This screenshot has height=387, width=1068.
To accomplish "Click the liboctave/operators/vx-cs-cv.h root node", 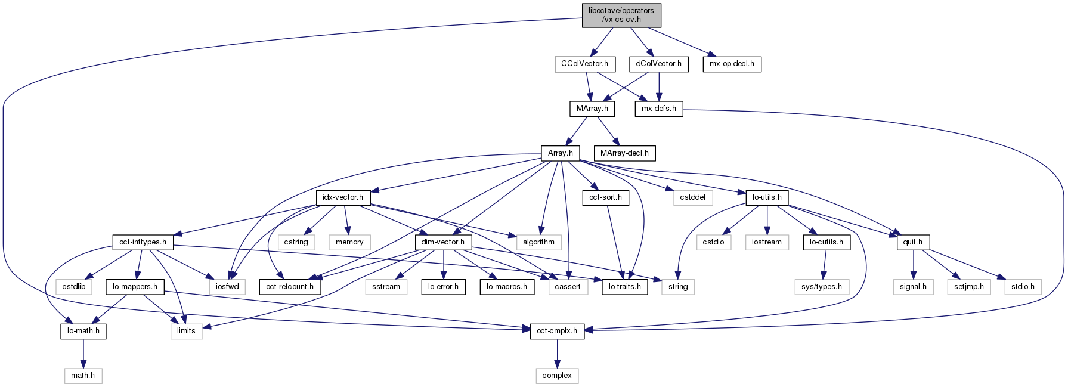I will point(621,15).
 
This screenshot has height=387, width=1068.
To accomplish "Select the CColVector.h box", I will point(584,64).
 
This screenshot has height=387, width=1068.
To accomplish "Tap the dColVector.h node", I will point(658,64).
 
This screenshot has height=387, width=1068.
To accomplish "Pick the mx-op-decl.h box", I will point(732,64).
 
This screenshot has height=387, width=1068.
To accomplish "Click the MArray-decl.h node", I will point(624,153).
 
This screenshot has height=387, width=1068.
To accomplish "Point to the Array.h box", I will point(560,153).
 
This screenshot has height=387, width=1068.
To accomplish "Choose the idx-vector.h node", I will point(343,197).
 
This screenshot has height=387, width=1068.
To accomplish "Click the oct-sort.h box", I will point(605,197).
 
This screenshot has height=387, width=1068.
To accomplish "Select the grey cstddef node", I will point(692,197).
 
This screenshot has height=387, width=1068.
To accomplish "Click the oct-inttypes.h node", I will point(143,242).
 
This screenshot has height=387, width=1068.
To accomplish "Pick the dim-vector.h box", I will point(442,242).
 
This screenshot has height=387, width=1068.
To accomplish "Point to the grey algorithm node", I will point(538,242).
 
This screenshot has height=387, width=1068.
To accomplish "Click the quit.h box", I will point(912,242).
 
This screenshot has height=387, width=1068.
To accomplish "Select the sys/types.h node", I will point(822,287).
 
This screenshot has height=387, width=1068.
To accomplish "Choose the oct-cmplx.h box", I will point(557,331).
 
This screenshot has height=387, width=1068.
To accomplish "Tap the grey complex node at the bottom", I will point(557,376).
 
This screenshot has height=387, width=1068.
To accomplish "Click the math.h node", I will point(83,376).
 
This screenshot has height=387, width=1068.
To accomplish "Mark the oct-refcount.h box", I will point(290,287).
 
